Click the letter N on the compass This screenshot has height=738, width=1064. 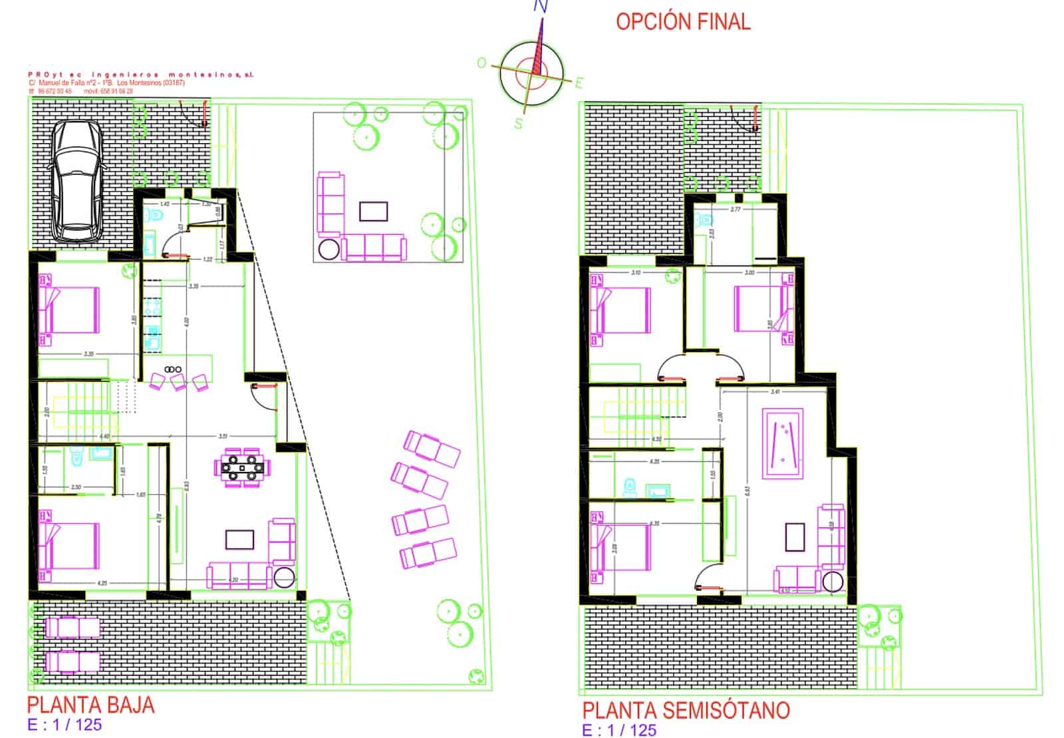coord(541,7)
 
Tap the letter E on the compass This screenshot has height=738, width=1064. coord(579,83)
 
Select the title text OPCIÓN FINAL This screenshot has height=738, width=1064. coord(683,21)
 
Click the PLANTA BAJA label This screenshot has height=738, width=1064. coord(91,705)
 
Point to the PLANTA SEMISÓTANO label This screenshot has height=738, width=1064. coord(686,710)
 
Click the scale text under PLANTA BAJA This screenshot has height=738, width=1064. coord(65,725)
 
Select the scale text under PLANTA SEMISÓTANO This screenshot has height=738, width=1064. coord(619,730)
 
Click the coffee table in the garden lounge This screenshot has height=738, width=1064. coord(373,211)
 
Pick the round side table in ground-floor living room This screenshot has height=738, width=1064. coord(284,578)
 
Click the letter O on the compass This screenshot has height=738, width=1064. coord(482,63)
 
